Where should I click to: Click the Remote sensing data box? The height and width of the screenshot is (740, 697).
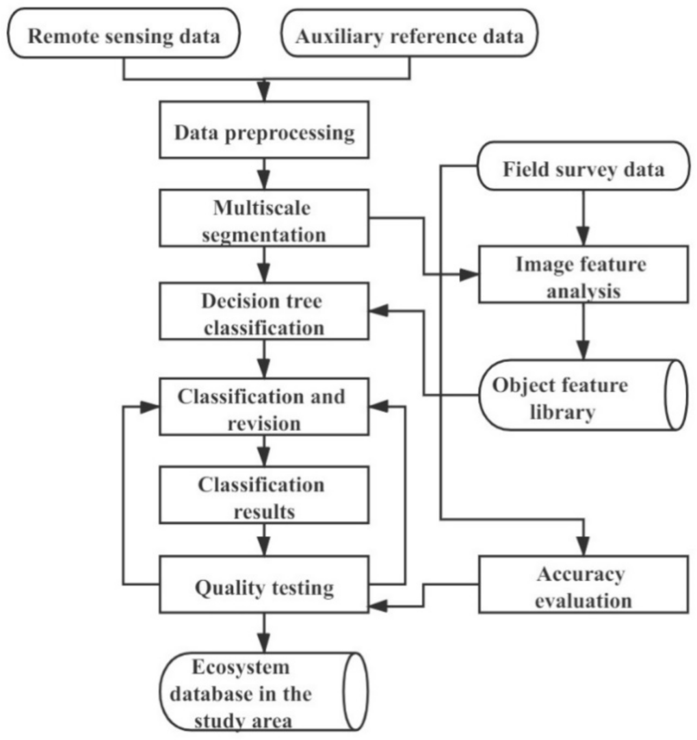click(123, 36)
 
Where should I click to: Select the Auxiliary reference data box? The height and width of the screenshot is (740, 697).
click(410, 36)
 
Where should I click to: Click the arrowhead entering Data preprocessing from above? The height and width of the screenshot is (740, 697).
click(264, 91)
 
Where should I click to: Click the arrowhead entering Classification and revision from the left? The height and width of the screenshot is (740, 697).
click(150, 407)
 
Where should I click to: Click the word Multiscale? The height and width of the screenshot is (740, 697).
click(262, 207)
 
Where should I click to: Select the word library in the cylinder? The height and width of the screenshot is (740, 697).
click(562, 412)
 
